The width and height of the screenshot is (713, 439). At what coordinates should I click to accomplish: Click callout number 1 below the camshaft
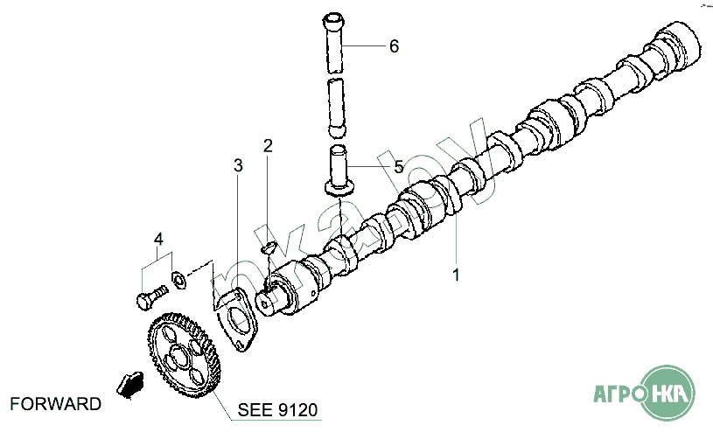coord(456,275)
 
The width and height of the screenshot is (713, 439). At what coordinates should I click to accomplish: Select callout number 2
coord(268,145)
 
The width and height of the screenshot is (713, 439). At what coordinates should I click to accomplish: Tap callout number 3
coord(238,165)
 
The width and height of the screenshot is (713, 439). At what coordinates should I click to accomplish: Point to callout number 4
coord(158,239)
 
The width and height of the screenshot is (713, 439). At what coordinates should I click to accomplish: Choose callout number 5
coord(399,167)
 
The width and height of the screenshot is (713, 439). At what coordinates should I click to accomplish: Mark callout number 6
coord(395,45)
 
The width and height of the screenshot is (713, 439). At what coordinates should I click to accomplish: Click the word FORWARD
coord(55,403)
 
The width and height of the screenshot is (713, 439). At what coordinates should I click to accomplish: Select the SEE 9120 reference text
coord(277,410)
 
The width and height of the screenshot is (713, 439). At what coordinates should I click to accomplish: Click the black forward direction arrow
coord(130,385)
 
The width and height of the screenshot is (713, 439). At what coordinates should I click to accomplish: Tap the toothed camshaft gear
coord(185,355)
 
